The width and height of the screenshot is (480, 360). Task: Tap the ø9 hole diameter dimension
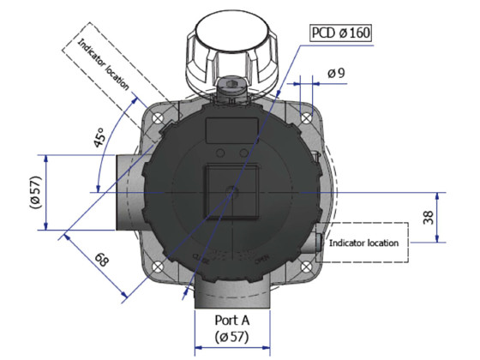point(335,74)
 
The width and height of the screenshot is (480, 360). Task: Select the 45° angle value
point(102,137)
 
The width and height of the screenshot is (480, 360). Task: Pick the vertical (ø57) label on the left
point(34,192)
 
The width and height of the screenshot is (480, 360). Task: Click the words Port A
point(231,319)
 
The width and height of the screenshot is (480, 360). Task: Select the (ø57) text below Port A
point(231,338)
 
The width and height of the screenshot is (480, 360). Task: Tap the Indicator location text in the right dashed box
point(364,243)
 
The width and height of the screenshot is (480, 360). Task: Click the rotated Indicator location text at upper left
point(104,64)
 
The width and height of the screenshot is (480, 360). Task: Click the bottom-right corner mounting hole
point(305,266)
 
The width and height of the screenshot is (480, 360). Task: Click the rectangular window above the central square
point(231,129)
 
